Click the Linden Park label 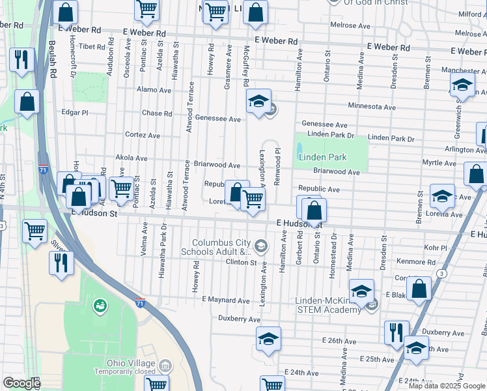pyautogui.click(x=323, y=157)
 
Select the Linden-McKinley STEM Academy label pyautogui.click(x=328, y=305)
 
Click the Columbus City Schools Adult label pyautogui.click(x=221, y=246)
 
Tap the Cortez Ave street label pyautogui.click(x=143, y=136)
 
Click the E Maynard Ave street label pyautogui.click(x=226, y=299)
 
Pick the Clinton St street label pyautogui.click(x=241, y=262)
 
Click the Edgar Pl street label pyautogui.click(x=75, y=112)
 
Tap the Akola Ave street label pyautogui.click(x=132, y=158)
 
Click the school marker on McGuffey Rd pyautogui.click(x=258, y=101)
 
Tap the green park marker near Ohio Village pyautogui.click(x=100, y=304)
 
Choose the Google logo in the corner pyautogui.click(x=21, y=383)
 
